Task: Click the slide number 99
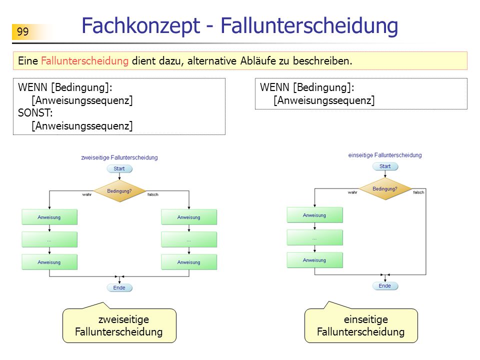(x=22, y=31)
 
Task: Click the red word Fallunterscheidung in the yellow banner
(x=85, y=60)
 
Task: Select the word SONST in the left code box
(x=35, y=113)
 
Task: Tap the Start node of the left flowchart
(x=119, y=168)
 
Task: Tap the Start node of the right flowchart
(x=385, y=166)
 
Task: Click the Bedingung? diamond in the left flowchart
(x=119, y=191)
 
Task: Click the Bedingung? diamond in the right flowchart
(x=385, y=189)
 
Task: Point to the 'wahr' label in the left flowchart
(x=87, y=194)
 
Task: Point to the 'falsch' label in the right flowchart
(x=418, y=192)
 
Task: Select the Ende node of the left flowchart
(x=119, y=288)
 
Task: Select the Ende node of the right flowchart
(x=385, y=285)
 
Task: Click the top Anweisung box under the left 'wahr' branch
(x=49, y=217)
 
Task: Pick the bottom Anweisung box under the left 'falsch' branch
(x=189, y=262)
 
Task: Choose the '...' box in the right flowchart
(x=314, y=237)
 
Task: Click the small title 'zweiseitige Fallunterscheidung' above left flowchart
(x=119, y=157)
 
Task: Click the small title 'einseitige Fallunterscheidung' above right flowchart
(x=385, y=155)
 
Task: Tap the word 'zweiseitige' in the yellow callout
(x=123, y=319)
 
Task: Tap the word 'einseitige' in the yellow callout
(x=366, y=319)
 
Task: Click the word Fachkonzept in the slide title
(x=141, y=25)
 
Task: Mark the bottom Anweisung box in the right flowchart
(x=314, y=260)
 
